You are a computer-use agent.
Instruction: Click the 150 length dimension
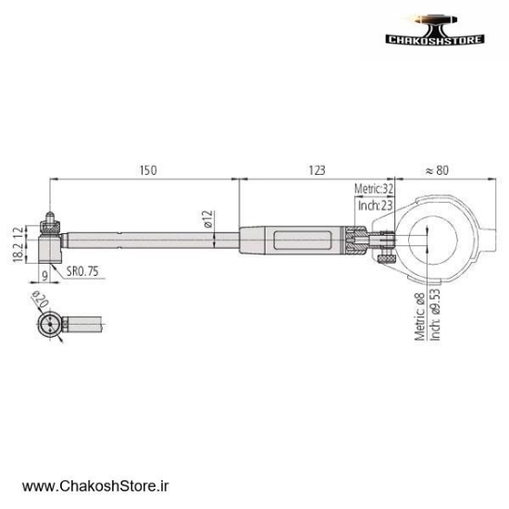(x=148, y=170)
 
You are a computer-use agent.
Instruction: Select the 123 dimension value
(x=317, y=170)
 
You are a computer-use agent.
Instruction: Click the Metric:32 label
(x=375, y=188)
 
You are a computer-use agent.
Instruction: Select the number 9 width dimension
(x=44, y=276)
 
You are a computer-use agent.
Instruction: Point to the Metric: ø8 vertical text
(x=419, y=317)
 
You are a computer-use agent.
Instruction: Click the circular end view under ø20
(x=48, y=325)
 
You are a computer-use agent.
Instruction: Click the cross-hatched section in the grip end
(x=354, y=243)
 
